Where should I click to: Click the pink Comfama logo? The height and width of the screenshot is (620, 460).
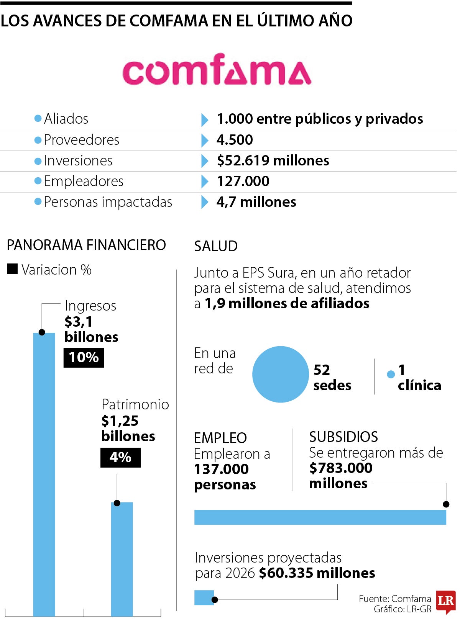(x=217, y=70)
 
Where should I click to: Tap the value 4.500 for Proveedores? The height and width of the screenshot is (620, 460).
(x=235, y=140)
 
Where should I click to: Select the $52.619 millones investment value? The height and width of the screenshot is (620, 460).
(x=273, y=160)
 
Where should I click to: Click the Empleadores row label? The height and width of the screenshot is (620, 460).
(x=83, y=181)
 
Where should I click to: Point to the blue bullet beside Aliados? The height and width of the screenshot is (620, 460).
(x=38, y=118)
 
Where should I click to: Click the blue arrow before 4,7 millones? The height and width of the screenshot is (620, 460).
(x=205, y=202)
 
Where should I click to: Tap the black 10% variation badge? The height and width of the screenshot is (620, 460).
(x=84, y=357)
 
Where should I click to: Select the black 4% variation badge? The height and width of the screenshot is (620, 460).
(x=120, y=457)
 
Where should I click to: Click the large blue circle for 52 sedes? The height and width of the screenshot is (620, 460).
(x=280, y=374)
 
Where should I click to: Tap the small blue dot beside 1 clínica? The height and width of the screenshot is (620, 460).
(x=391, y=374)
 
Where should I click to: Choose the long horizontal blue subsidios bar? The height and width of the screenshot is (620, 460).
(x=320, y=517)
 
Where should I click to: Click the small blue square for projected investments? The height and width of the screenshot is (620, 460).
(x=204, y=598)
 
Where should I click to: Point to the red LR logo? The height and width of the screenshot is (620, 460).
(x=446, y=601)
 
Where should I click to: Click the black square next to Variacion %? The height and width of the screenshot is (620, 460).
(x=12, y=269)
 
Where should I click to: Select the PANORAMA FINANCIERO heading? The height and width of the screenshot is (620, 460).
(x=86, y=245)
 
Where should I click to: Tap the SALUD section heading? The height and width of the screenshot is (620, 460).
(x=216, y=246)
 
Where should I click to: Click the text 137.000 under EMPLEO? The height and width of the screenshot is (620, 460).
(x=221, y=469)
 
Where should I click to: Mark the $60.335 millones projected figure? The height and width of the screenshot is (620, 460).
(x=317, y=573)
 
